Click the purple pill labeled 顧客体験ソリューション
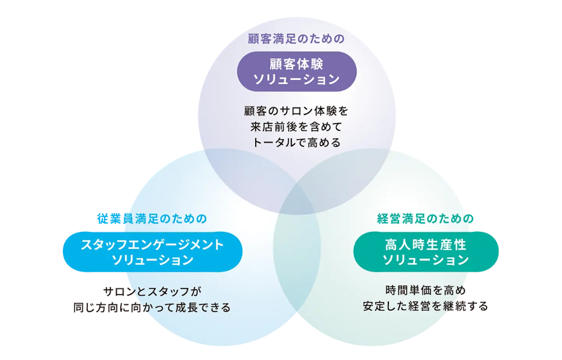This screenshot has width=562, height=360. tap(297, 71)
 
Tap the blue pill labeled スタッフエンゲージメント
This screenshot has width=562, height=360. tap(153, 252)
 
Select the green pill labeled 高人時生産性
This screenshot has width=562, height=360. tap(426, 252)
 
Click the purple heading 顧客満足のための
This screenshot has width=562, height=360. tap(296, 39)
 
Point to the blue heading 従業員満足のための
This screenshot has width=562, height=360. tap(152, 218)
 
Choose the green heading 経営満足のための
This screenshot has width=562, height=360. tap(426, 218)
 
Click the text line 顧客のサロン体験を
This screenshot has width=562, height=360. tap(296, 111)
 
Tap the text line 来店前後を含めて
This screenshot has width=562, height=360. tap(296, 127)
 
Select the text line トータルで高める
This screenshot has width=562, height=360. tap(296, 143)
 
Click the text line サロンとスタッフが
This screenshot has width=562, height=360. tap(152, 291)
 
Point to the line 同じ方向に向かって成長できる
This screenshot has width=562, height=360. tap(152, 307)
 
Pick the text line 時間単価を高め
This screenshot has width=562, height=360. tap(426, 290)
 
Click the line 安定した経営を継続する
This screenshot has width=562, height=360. tap(426, 306)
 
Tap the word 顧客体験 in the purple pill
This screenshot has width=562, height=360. tap(296, 64)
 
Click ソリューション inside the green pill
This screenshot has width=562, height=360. tap(426, 259)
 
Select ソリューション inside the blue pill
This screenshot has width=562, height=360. tap(153, 259)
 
